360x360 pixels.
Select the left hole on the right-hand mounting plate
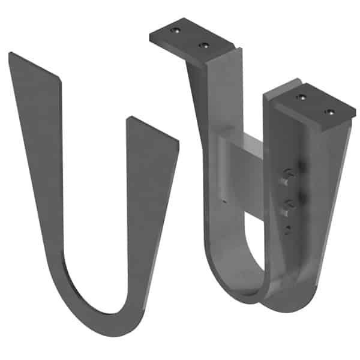[301, 96]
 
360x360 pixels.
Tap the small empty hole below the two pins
[287, 227]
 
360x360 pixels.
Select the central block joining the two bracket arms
[240, 174]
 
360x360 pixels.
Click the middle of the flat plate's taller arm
[42, 180]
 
